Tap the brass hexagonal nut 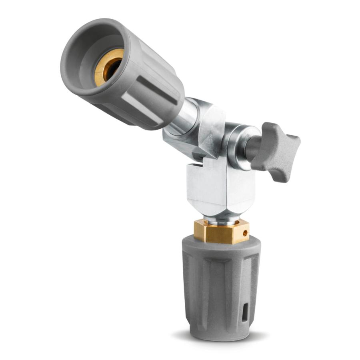coord(220,231)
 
